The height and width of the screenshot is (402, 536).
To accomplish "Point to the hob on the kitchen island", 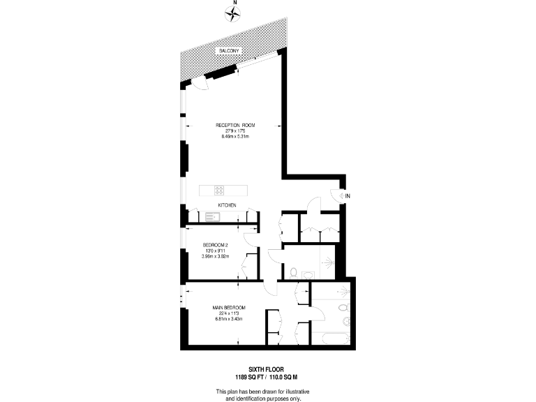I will coord(218,190).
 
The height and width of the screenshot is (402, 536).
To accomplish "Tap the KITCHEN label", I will coord(227,205).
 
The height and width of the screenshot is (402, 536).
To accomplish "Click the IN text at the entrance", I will coord(347,196).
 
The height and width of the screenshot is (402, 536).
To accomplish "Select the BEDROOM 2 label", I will coord(216,245).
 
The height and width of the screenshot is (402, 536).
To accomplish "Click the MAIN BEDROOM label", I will coord(229,307).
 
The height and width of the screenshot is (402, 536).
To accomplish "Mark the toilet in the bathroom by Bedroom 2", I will coord(292,271).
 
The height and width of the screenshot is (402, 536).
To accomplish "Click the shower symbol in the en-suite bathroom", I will coord(342,290).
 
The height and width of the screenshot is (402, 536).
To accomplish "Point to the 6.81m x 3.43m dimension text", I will coord(230,319).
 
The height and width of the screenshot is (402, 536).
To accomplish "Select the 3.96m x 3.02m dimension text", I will coord(216,256).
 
